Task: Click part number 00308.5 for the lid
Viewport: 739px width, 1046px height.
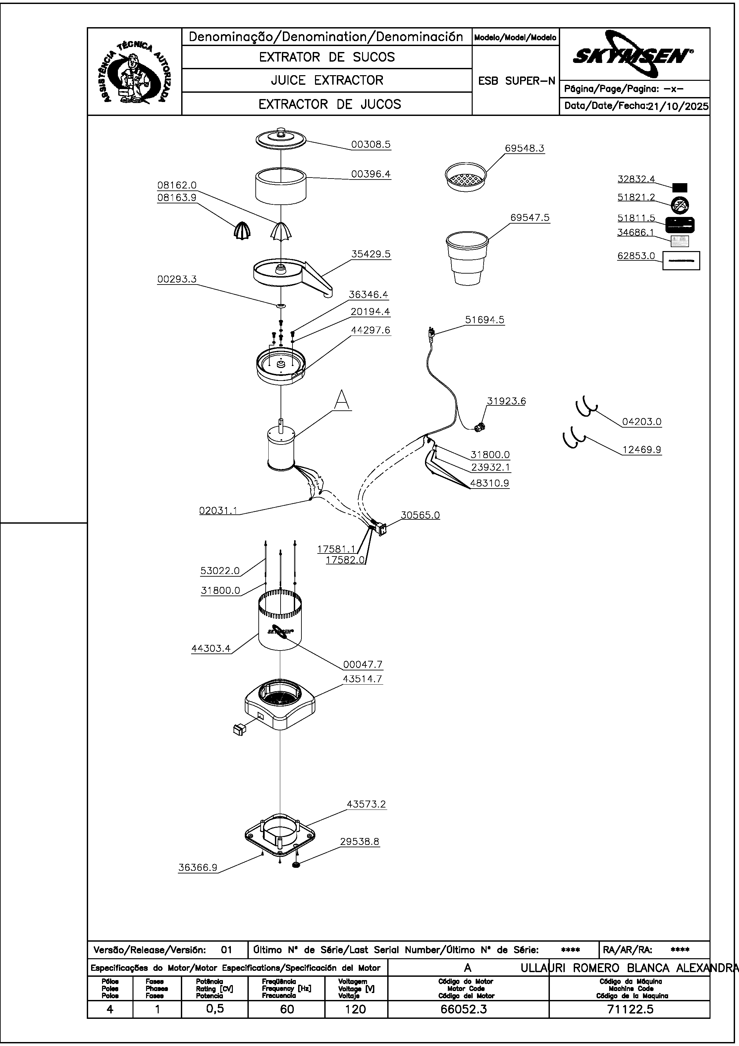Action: [x=370, y=145]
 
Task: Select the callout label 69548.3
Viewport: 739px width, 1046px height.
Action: [x=524, y=148]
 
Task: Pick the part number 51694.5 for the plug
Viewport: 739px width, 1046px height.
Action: [x=484, y=320]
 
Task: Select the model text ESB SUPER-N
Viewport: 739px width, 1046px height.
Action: [x=516, y=81]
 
